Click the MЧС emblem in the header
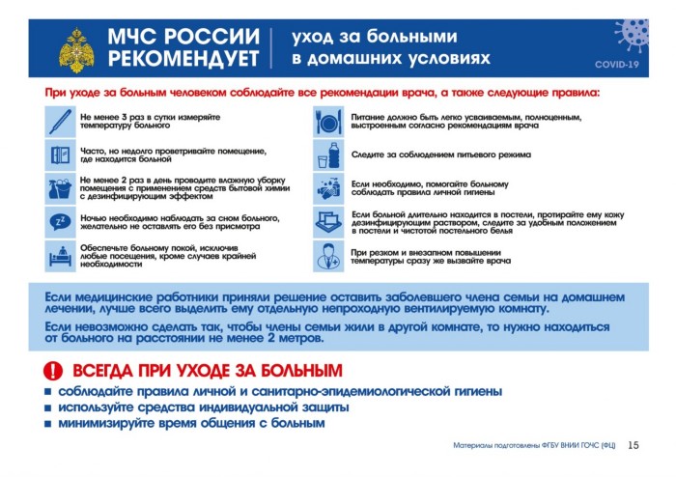76,46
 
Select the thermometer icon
59,121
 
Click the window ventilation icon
59,154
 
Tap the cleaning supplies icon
59,188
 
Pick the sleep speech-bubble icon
59,222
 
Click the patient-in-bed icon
59,256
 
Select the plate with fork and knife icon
327,121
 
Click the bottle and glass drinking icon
327,154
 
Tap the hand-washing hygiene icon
327,188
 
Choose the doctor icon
327,256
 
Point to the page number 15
634,445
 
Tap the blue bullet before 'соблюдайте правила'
47,392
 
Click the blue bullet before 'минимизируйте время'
47,424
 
